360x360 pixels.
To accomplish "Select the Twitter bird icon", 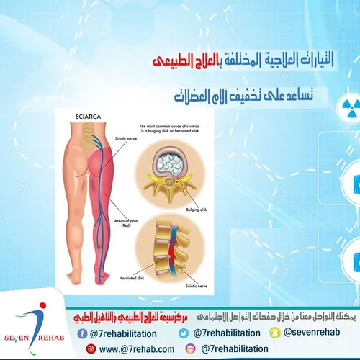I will pos(184,333).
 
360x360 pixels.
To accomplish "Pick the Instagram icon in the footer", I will pos(190,348).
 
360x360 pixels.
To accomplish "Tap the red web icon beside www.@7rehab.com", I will pos(90,348).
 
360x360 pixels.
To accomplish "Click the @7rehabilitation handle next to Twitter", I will pos(225,333).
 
